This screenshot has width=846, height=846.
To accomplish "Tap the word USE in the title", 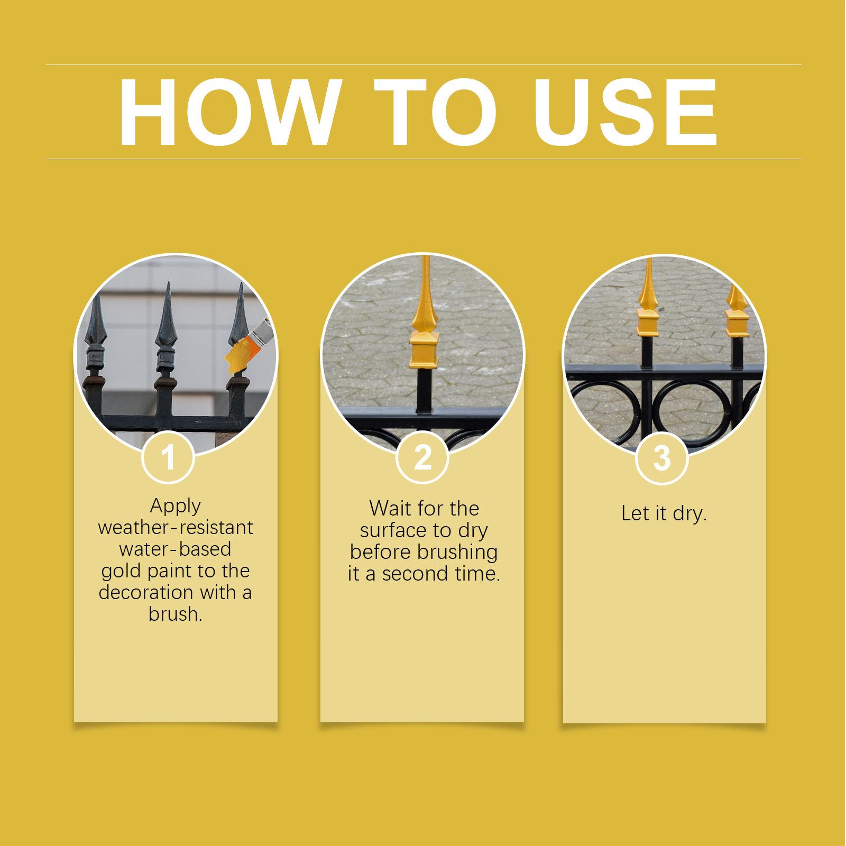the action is (x=626, y=113).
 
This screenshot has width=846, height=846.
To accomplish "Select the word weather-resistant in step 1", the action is (x=176, y=528).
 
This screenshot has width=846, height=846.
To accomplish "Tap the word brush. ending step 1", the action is (x=176, y=614).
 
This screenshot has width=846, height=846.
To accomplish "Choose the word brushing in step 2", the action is (x=457, y=552).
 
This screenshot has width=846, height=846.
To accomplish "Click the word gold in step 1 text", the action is (x=119, y=572).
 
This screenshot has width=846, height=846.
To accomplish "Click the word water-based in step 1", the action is (x=176, y=549).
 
